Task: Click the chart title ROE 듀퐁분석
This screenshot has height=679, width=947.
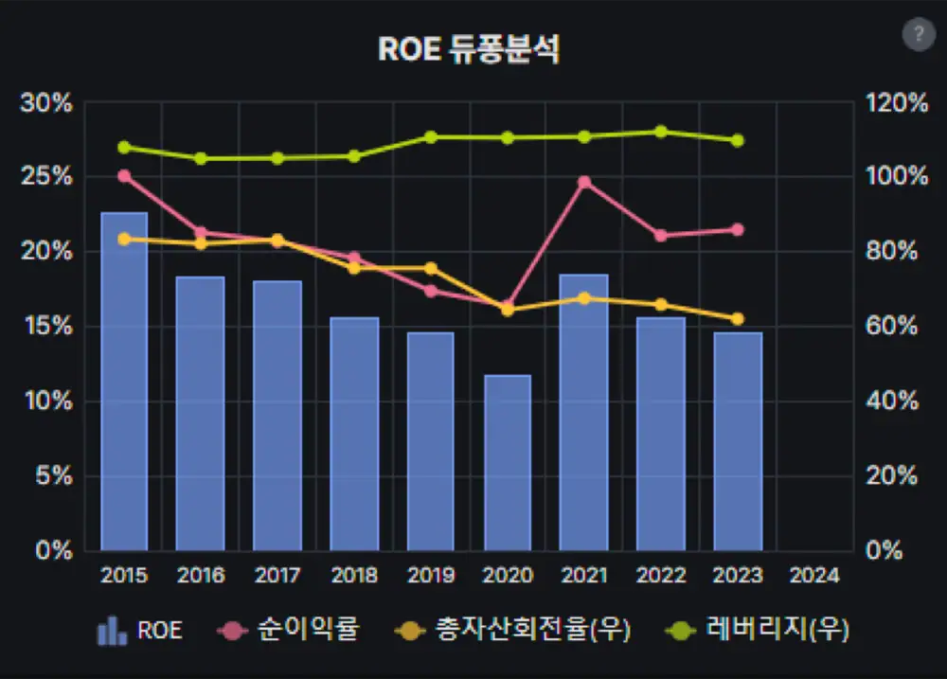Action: pyautogui.click(x=469, y=49)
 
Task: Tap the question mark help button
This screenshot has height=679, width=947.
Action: pyautogui.click(x=919, y=34)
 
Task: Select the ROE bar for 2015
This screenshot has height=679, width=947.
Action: pyautogui.click(x=124, y=382)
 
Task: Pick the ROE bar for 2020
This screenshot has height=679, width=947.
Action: pyautogui.click(x=508, y=463)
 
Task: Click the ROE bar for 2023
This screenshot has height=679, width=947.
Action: pyautogui.click(x=738, y=441)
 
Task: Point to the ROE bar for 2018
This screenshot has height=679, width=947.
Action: pyautogui.click(x=354, y=434)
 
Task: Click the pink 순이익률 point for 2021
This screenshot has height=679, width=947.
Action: pyautogui.click(x=584, y=182)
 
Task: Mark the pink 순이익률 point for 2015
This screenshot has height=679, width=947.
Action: pyautogui.click(x=124, y=176)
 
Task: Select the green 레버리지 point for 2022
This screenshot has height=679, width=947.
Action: pyautogui.click(x=661, y=132)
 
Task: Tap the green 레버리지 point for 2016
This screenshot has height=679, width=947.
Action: pyautogui.click(x=201, y=159)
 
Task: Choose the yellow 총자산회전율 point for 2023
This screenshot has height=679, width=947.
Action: pyautogui.click(x=738, y=319)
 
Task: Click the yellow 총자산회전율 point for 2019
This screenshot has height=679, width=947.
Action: pyautogui.click(x=431, y=268)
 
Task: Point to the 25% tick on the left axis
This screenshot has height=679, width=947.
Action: pyautogui.click(x=46, y=176)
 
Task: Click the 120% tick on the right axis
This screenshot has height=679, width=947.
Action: pyautogui.click(x=897, y=102)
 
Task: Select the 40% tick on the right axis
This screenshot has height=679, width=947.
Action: pyautogui.click(x=892, y=401)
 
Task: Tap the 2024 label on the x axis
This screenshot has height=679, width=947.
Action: pyautogui.click(x=814, y=575)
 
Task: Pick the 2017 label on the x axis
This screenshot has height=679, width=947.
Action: pyautogui.click(x=277, y=575)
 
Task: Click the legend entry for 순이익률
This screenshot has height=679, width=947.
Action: pyautogui.click(x=289, y=630)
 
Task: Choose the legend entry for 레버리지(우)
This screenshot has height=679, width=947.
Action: pyautogui.click(x=758, y=630)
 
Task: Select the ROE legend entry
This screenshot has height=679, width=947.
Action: pyautogui.click(x=139, y=630)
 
